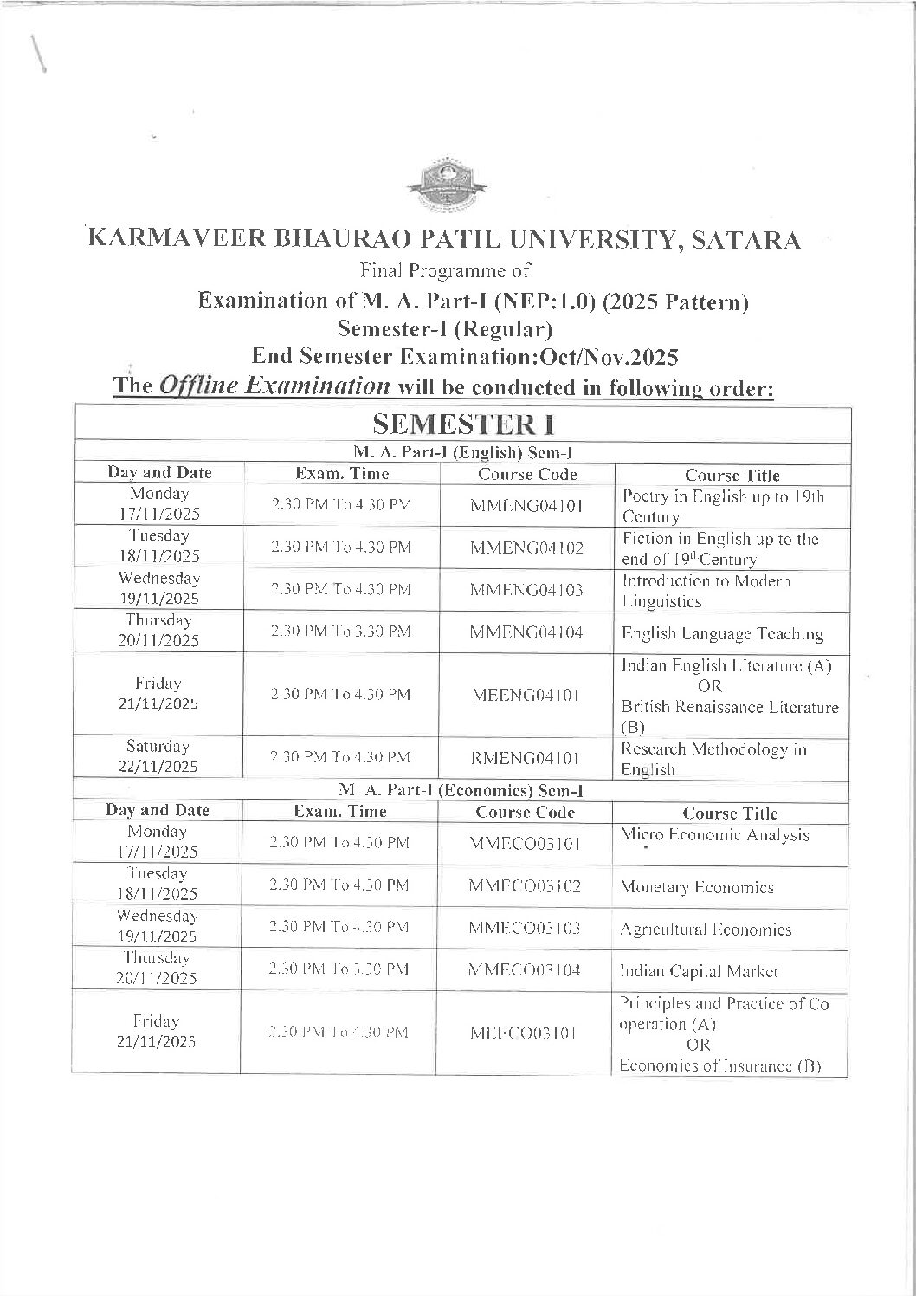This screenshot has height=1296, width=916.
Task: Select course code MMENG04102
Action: coord(526,548)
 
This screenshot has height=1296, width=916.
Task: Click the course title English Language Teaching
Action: coord(722,633)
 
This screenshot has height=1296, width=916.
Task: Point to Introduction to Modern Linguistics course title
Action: coord(706,591)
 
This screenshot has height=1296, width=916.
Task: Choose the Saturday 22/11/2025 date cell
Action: coord(158,756)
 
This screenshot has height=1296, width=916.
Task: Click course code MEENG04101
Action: coord(526,695)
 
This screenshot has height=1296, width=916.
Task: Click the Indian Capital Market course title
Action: coord(699,971)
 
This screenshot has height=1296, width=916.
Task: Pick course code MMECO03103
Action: coord(524,929)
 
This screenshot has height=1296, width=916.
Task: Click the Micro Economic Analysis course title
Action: coord(715,835)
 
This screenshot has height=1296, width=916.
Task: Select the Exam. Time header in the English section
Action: coord(342,474)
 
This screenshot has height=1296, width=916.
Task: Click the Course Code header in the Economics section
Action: coord(525,812)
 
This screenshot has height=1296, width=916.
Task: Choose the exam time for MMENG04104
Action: coord(340,632)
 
